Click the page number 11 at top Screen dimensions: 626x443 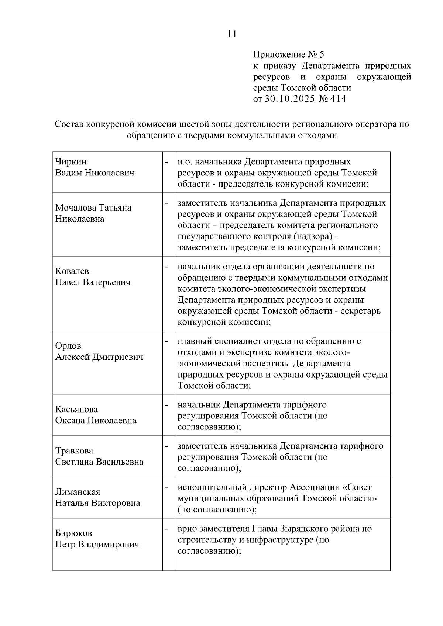(232, 34)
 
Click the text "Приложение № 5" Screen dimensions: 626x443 (288, 55)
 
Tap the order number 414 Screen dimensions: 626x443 (338, 99)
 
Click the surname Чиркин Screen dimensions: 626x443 (71, 161)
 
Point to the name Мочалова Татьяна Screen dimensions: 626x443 (93, 208)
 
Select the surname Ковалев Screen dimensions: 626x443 (72, 271)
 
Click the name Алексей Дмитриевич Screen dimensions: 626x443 (99, 357)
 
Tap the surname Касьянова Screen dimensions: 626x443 (76, 409)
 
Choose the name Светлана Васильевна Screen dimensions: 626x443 (99, 462)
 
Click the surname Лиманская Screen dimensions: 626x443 (78, 492)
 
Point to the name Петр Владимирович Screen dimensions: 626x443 (97, 544)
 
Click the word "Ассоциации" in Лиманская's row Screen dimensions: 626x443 (316, 487)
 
